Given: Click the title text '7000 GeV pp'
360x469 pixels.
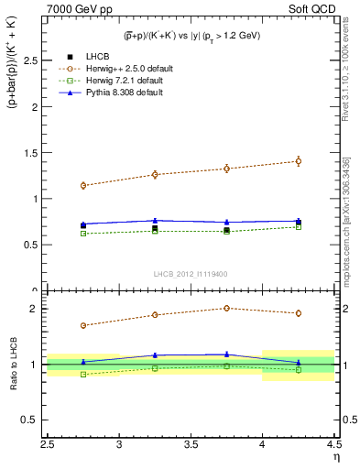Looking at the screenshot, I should click(x=76, y=9).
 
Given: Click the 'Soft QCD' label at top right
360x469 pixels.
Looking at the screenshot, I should click(x=311, y=9).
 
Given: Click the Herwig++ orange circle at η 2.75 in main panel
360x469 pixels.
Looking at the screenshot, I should click(x=83, y=185).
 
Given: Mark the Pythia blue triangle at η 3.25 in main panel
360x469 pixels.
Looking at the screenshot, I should click(x=155, y=220).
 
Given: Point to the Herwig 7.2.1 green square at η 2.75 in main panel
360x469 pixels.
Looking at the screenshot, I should click(x=83, y=234).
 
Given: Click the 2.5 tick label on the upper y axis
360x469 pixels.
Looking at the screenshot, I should click(x=30, y=60).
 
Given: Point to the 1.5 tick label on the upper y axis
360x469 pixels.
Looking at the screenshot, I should click(x=30, y=153).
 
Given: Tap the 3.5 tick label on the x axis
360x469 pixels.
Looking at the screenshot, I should click(x=191, y=446).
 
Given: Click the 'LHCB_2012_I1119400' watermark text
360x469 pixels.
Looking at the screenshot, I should click(x=191, y=274).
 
